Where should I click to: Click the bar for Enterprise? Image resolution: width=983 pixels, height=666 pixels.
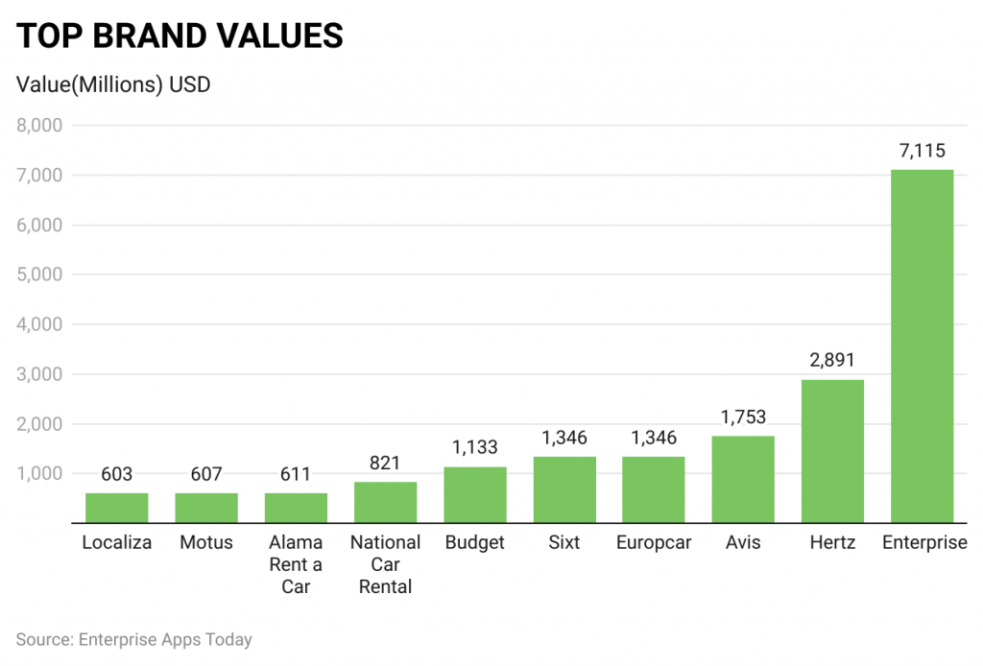[x=922, y=346]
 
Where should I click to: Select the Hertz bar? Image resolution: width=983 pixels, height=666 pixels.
[x=832, y=451]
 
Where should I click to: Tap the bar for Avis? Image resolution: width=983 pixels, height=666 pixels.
[x=743, y=480]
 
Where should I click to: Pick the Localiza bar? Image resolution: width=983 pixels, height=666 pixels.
[x=117, y=508]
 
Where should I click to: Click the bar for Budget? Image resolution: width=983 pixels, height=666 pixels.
[x=475, y=495]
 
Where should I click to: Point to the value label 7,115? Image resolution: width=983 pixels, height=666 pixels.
[x=922, y=150]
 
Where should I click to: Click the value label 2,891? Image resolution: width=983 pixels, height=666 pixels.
[x=832, y=360]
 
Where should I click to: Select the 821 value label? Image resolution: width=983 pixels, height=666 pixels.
[x=385, y=463]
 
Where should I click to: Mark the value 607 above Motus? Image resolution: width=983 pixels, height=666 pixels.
[x=206, y=474]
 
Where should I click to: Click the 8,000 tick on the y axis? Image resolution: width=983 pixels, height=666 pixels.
[x=39, y=126]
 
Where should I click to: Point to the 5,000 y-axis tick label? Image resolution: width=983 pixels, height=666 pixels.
[x=39, y=274]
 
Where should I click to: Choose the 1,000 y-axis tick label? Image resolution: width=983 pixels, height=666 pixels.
[x=39, y=473]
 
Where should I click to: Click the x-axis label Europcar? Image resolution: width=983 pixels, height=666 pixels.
[x=654, y=543]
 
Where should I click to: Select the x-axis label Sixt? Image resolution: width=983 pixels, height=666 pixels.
[x=564, y=543]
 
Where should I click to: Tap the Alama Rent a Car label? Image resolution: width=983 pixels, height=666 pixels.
[x=296, y=564]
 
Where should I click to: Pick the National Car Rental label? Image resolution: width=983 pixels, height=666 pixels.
[x=385, y=564]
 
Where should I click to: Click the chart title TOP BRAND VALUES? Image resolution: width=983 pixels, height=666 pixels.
[x=180, y=36]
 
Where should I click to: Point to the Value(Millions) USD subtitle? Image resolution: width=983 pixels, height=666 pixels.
[x=114, y=84]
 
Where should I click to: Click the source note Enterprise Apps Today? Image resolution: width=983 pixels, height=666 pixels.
[x=133, y=639]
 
